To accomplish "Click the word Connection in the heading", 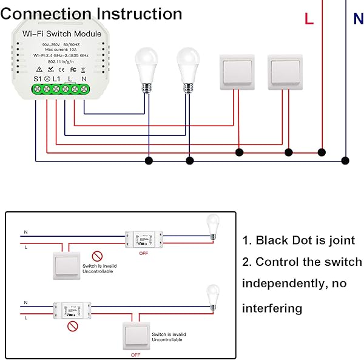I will [45, 14].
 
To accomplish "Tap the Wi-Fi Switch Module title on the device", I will [62, 34].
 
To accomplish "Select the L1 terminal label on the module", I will [56, 78].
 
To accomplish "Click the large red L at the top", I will [309, 19].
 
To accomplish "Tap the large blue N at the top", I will [358, 19].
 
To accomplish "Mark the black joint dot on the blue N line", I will [345, 160].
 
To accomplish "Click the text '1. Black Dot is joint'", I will [298, 240].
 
